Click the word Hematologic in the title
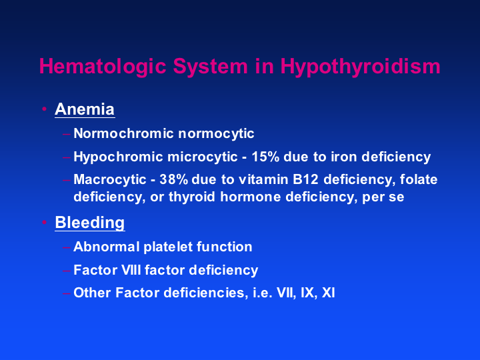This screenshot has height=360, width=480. [x=103, y=67]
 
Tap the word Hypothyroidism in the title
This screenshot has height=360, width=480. [x=360, y=67]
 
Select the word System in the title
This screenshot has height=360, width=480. [x=210, y=67]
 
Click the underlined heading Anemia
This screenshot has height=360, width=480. [x=85, y=109]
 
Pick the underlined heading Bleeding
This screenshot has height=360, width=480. [x=90, y=223]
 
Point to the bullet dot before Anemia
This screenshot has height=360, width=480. [x=45, y=109]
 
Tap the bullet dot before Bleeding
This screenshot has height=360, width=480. [x=45, y=222]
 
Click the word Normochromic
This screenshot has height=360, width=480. [x=124, y=133]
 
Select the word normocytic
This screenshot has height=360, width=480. [x=216, y=134]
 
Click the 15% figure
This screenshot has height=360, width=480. [x=265, y=157]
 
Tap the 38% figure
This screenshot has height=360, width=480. [x=173, y=179]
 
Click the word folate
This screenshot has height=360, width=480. [x=419, y=179]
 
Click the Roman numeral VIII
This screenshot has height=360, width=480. [x=131, y=270]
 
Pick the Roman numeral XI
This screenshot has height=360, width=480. [x=329, y=293]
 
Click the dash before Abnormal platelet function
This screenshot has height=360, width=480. [x=66, y=247]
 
